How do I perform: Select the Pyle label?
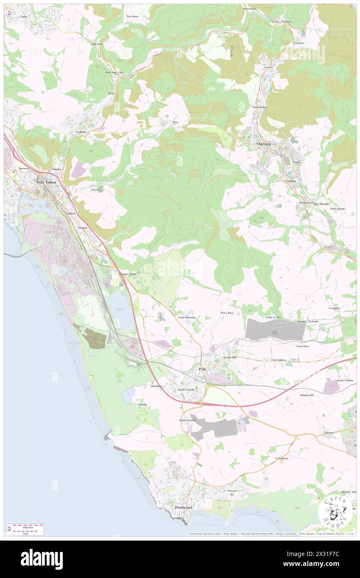pos(202,369)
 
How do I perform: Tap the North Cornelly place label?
pos(186,390)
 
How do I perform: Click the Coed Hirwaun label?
pos(187,317)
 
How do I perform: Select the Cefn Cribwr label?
pos(279,360)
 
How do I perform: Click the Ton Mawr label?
pos(132,16)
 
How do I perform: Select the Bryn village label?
pos(175,122)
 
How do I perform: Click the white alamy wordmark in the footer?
pos(42,559)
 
